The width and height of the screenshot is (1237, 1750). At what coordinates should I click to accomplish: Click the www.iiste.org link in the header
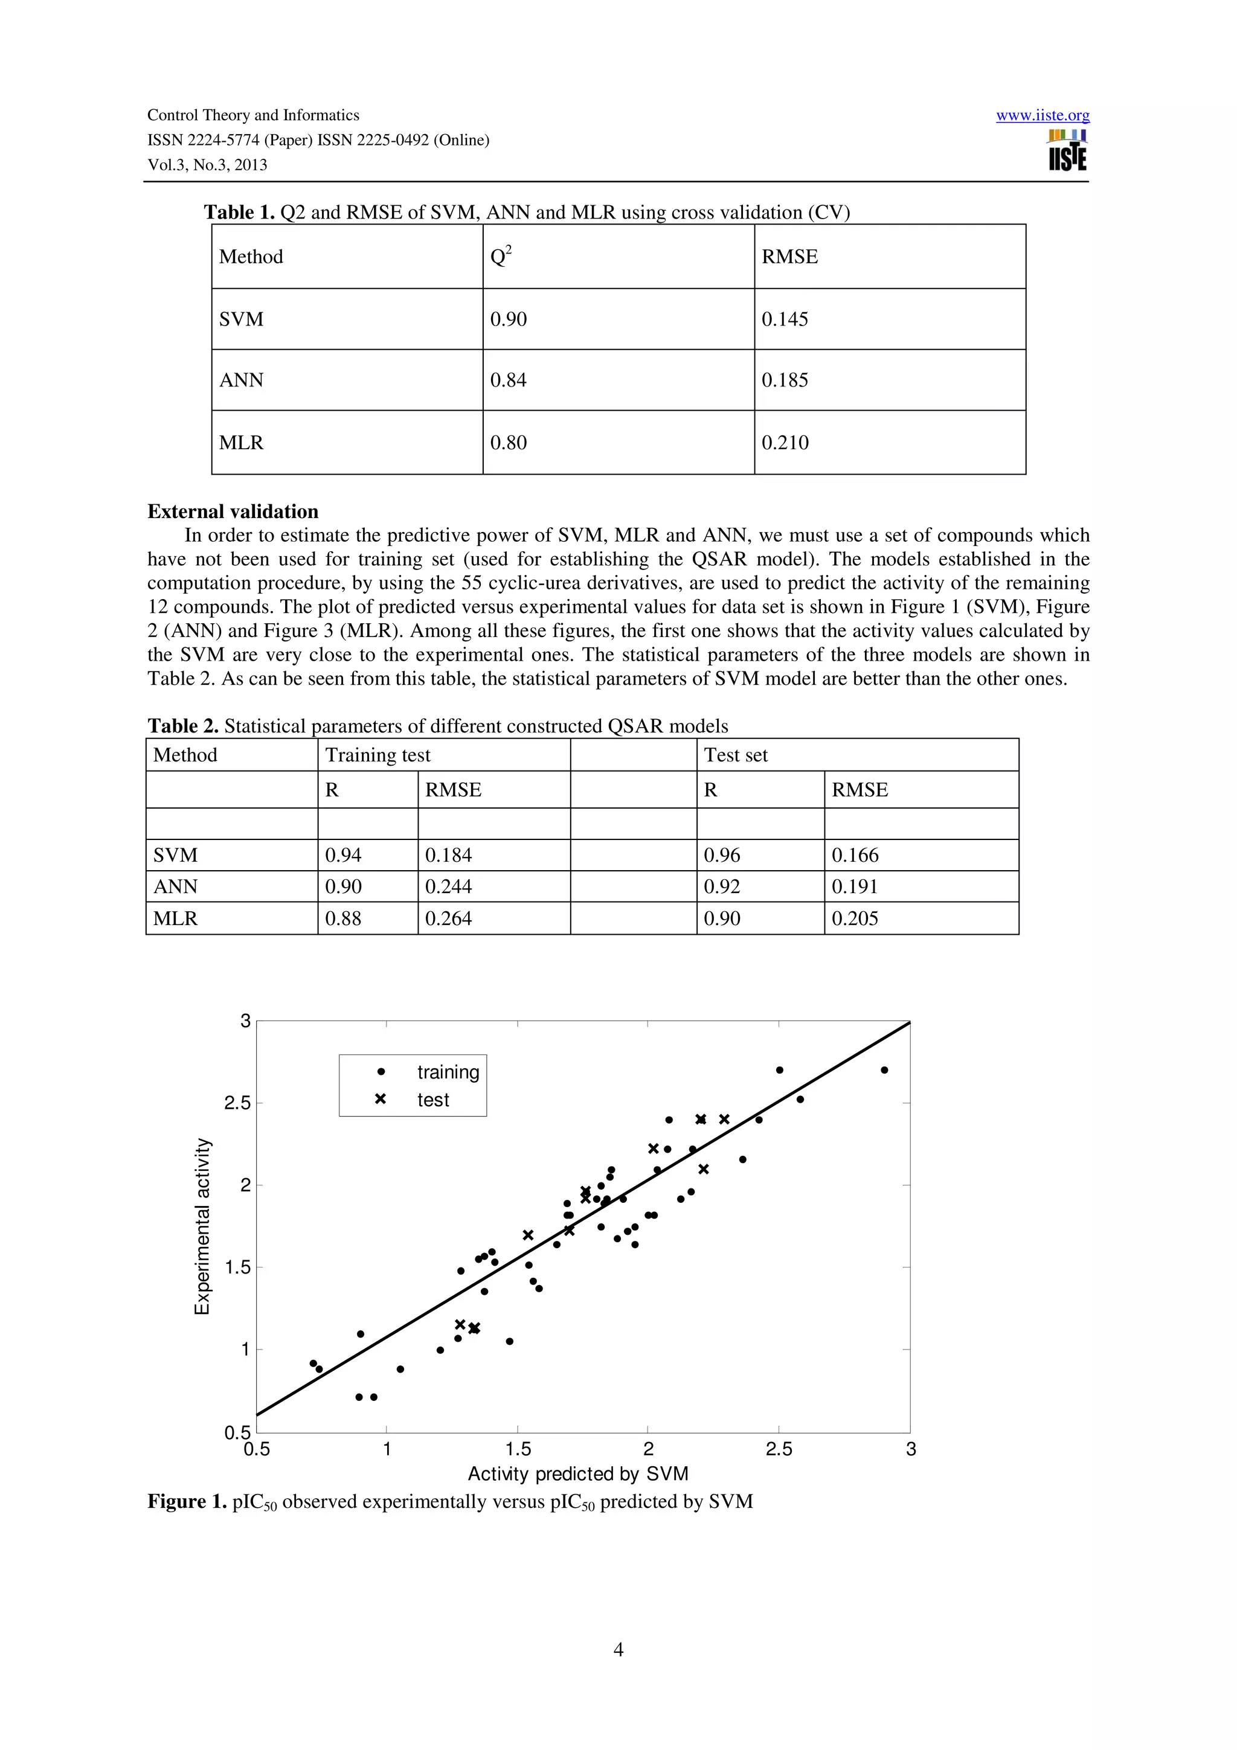(x=1042, y=115)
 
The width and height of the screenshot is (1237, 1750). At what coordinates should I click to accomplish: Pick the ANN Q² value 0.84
(x=509, y=380)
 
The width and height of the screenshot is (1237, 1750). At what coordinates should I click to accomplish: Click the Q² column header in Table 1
(x=501, y=256)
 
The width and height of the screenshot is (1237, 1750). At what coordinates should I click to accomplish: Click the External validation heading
(x=233, y=511)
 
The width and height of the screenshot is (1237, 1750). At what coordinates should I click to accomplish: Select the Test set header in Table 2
(x=736, y=755)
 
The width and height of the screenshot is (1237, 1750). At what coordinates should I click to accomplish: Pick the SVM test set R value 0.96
(x=721, y=854)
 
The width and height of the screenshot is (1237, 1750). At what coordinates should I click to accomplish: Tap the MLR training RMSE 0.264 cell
(x=448, y=918)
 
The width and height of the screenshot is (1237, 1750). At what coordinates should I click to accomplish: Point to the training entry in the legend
(x=448, y=1072)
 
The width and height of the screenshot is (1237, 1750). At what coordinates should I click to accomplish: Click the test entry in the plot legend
(x=433, y=1099)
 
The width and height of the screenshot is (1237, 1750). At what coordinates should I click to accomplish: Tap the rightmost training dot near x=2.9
(x=884, y=1070)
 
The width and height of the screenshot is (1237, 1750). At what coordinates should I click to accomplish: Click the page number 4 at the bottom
(x=618, y=1649)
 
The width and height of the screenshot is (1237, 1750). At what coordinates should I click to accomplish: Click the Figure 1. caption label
(x=187, y=1502)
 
